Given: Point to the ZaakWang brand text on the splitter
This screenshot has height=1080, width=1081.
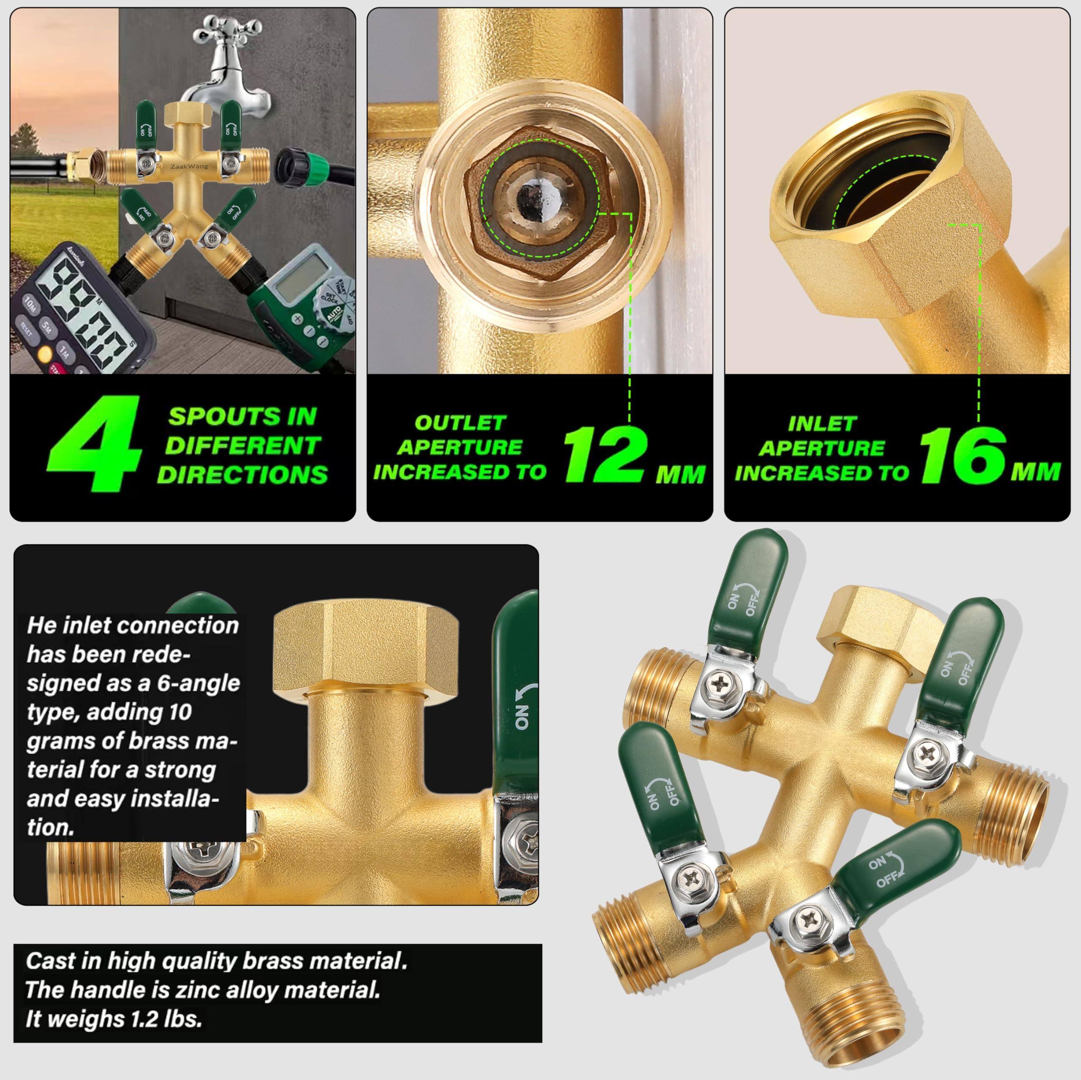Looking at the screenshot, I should tap(186, 166).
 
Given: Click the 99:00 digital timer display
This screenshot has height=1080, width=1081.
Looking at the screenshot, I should tap(84, 313).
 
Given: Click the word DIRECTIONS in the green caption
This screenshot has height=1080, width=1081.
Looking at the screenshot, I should tap(242, 474).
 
